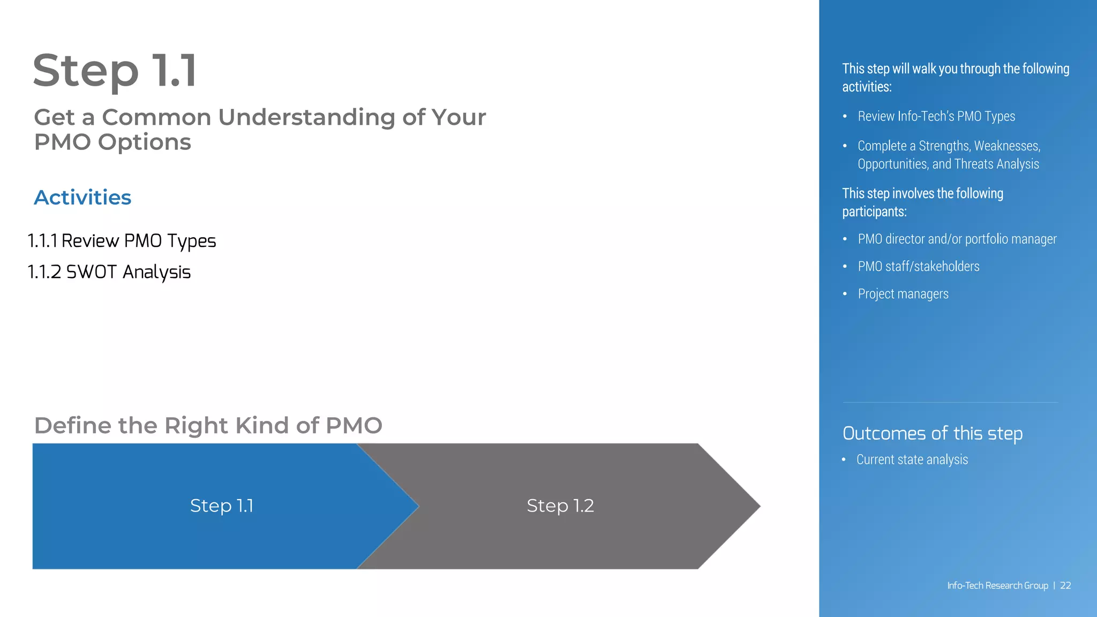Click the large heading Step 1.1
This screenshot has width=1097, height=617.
[115, 71]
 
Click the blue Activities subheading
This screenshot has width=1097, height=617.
[82, 198]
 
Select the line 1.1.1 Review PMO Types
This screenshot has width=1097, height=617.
[122, 241]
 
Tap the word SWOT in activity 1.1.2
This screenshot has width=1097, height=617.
[91, 272]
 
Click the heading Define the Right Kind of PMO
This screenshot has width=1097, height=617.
[208, 426]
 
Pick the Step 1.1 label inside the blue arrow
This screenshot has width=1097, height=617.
[222, 506]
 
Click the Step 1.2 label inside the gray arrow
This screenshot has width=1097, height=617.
[560, 506]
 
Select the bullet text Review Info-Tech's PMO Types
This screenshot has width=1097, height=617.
[936, 116]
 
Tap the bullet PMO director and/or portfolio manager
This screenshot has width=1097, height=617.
[957, 239]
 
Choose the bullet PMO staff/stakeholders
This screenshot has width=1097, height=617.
[918, 266]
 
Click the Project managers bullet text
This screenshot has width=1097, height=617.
[903, 294]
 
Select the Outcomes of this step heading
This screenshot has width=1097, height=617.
[932, 433]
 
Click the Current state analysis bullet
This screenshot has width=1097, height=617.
[912, 460]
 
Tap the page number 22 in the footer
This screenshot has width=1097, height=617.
[1065, 585]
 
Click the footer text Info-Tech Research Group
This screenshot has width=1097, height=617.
[997, 585]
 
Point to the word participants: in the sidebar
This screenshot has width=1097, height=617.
[874, 212]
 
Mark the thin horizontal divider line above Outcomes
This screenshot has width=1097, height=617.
[950, 402]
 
